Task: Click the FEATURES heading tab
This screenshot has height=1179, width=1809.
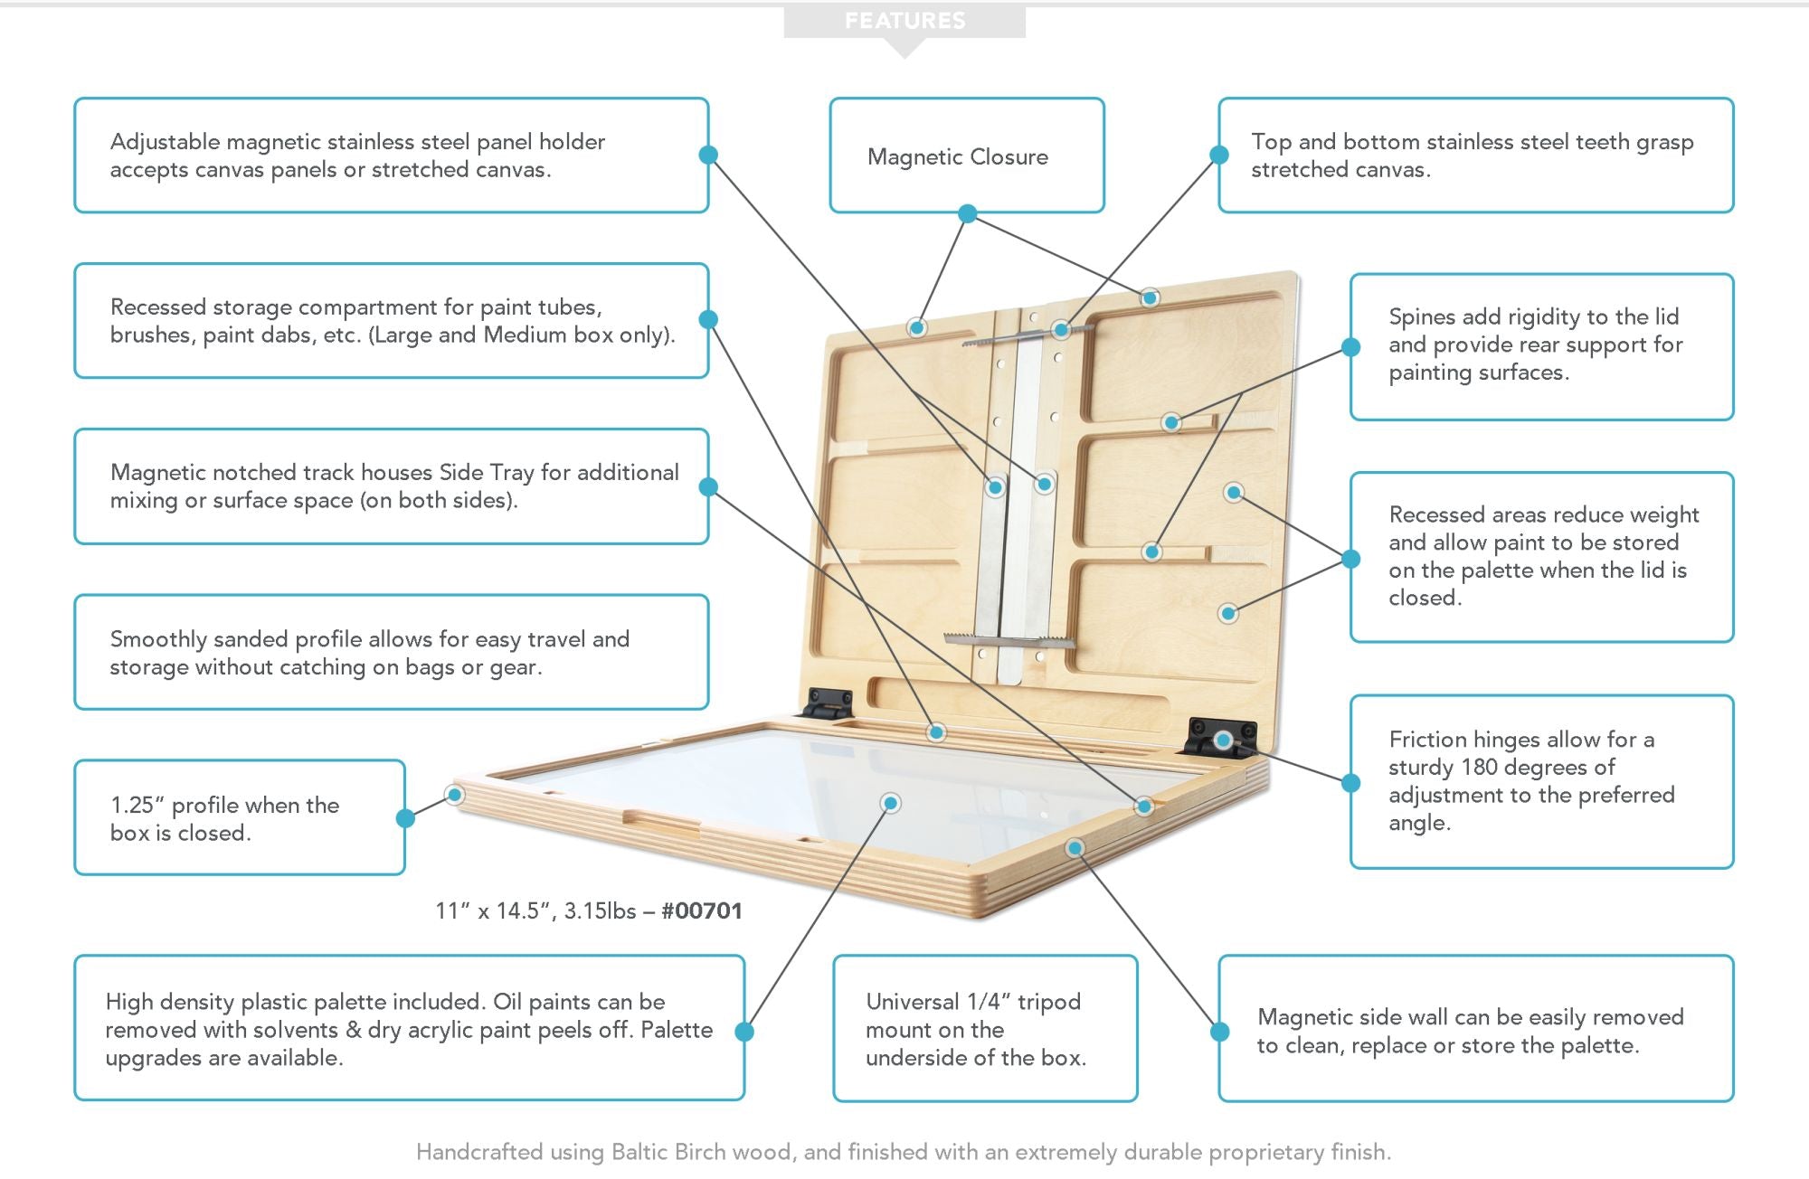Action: (904, 21)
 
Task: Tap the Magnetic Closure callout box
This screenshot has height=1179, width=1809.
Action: (966, 156)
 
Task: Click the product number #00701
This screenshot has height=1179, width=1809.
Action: (702, 910)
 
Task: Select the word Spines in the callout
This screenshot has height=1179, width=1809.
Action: (1422, 317)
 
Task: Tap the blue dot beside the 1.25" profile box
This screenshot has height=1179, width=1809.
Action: (405, 818)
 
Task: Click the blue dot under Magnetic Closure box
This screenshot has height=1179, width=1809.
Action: (967, 213)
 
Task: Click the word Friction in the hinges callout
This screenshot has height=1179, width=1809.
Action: (1428, 740)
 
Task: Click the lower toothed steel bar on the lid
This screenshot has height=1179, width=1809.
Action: (1009, 641)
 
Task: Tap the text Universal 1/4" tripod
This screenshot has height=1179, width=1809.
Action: (973, 1002)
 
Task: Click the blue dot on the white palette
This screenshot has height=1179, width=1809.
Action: (891, 803)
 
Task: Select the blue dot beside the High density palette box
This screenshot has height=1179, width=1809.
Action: (744, 1031)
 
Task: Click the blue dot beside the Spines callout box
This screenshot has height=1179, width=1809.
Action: (1350, 346)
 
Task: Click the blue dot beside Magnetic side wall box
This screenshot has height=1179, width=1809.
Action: (1219, 1031)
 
